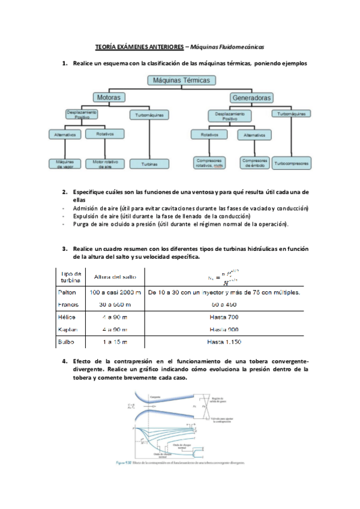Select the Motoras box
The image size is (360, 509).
click(108, 97)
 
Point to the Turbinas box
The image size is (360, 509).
click(149, 163)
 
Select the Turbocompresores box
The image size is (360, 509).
click(292, 163)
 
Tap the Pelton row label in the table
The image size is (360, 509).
click(67, 292)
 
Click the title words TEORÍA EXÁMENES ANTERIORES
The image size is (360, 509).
click(138, 46)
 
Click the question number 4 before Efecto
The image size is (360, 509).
click(64, 361)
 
